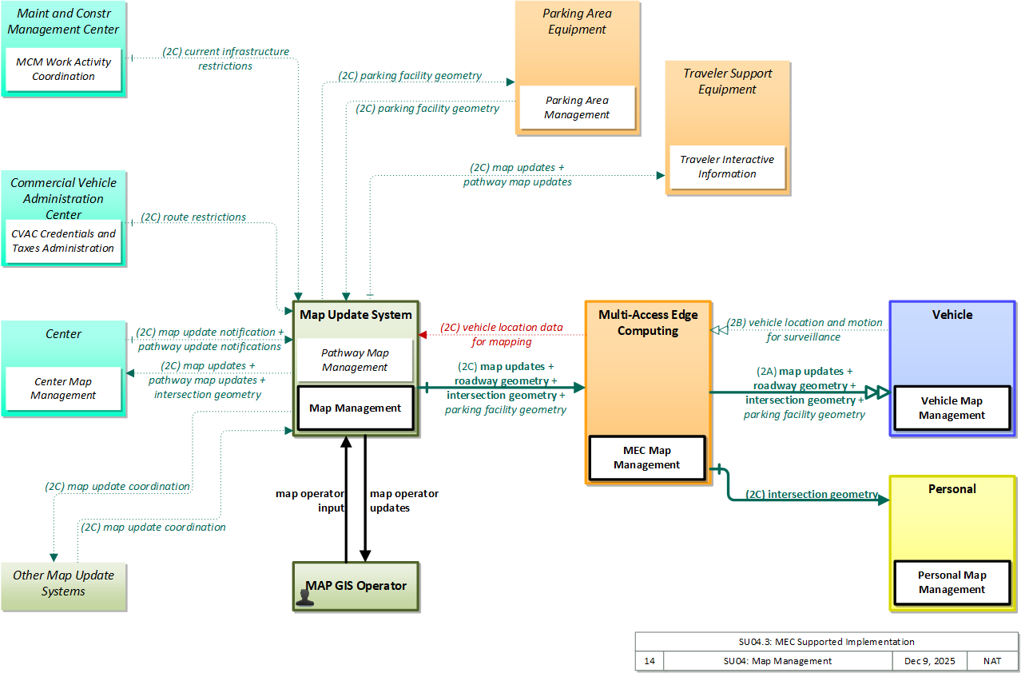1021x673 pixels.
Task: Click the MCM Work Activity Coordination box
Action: pyautogui.click(x=63, y=70)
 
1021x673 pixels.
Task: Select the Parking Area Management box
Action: pyautogui.click(x=577, y=107)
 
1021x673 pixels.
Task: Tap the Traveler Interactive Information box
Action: pyautogui.click(x=728, y=167)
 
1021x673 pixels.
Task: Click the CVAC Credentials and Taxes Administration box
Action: pyautogui.click(x=63, y=241)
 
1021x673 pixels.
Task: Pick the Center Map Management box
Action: pyautogui.click(x=63, y=388)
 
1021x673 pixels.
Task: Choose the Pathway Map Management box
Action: pyautogui.click(x=355, y=360)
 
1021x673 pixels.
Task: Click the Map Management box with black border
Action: pyautogui.click(x=356, y=408)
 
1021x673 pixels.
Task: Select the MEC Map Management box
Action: pyautogui.click(x=647, y=458)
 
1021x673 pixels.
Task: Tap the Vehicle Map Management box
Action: pyautogui.click(x=952, y=408)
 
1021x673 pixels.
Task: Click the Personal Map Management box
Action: pyautogui.click(x=952, y=582)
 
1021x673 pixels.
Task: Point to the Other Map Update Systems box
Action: pyautogui.click(x=64, y=587)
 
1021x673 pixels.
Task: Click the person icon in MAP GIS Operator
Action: pyautogui.click(x=304, y=598)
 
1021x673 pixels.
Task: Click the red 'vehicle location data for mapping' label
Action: pyautogui.click(x=502, y=335)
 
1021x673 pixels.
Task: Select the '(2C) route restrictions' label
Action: pyautogui.click(x=193, y=217)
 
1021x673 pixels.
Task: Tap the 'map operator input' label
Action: pyautogui.click(x=310, y=500)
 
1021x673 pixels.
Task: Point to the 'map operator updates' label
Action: pyautogui.click(x=403, y=500)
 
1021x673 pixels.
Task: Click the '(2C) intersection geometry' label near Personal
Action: pyautogui.click(x=812, y=494)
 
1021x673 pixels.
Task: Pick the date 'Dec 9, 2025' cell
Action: pyautogui.click(x=929, y=661)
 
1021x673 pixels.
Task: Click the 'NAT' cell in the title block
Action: pyautogui.click(x=991, y=661)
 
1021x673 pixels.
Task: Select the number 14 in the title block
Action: pyautogui.click(x=650, y=661)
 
